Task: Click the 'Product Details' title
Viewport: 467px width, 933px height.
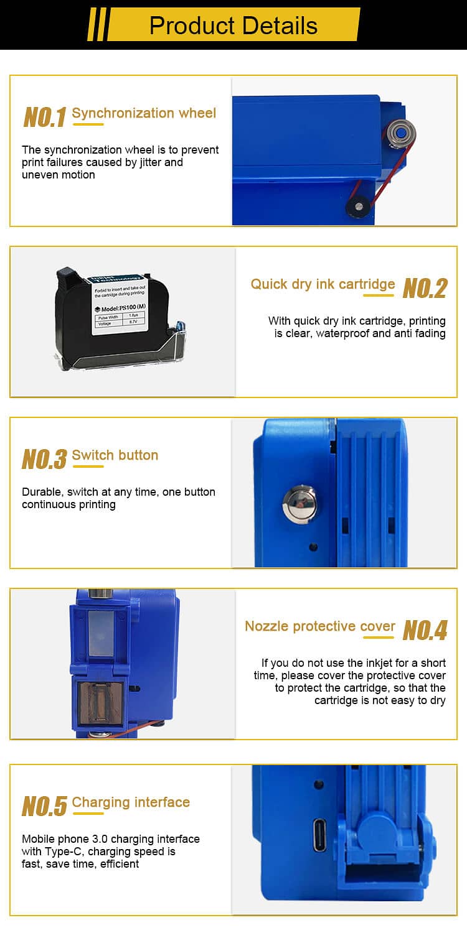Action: tap(233, 26)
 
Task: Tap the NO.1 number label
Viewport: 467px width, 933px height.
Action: tap(45, 117)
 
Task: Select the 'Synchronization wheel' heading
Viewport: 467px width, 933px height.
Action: tap(144, 113)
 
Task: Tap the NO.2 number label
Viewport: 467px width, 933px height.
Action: tap(425, 289)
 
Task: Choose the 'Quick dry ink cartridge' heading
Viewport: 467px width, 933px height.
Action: tap(323, 284)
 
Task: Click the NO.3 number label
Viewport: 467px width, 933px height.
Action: tap(44, 459)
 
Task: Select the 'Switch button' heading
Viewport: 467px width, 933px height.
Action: tap(115, 455)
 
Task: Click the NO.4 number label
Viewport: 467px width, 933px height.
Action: tap(425, 630)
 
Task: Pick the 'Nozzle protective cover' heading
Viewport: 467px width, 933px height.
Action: tap(320, 626)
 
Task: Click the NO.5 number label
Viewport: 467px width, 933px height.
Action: tap(44, 806)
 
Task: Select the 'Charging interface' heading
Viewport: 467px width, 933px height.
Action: tap(131, 802)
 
